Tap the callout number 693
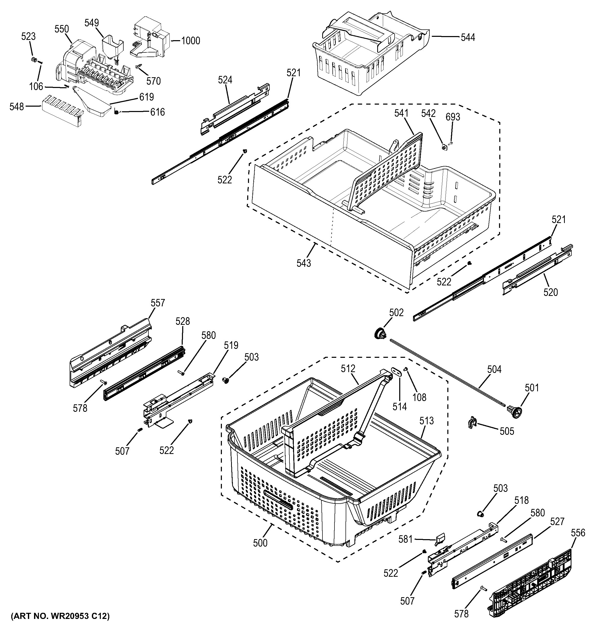(x=453, y=117)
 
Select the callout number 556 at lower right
(x=578, y=533)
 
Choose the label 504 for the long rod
(x=494, y=369)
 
